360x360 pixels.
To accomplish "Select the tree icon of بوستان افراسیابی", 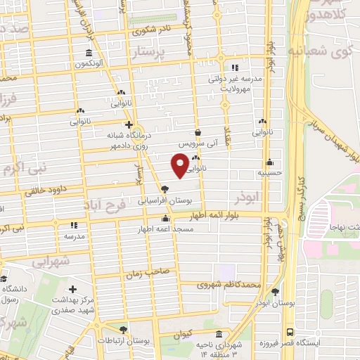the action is [165, 188].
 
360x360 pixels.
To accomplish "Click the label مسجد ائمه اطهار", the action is [165, 230].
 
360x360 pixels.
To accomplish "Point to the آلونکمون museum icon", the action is [88, 53].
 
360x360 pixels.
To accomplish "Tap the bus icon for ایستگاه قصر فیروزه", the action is [290, 333].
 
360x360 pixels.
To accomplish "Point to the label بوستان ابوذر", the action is [274, 304].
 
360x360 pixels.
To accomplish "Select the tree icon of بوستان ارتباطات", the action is [124, 329].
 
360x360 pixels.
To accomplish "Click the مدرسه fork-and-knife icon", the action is [73, 226].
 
